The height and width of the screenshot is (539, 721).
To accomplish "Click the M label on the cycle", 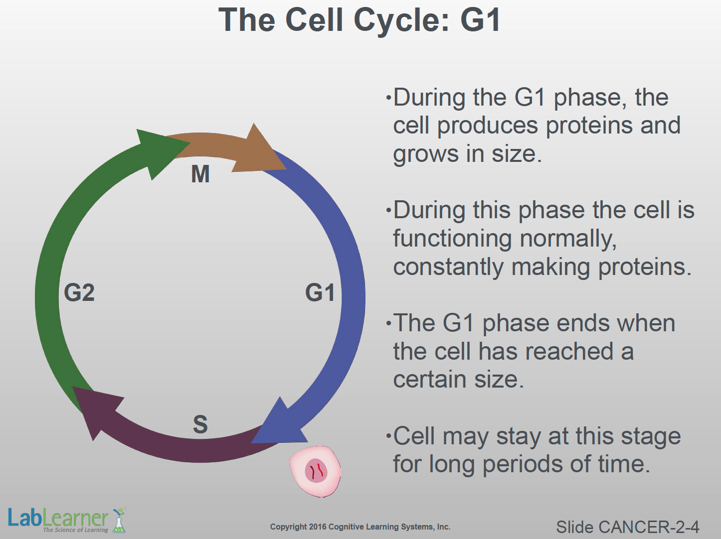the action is pos(200,174).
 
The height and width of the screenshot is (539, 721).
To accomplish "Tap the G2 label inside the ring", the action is pos(79,292).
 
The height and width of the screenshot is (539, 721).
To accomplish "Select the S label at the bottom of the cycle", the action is pos(200,424).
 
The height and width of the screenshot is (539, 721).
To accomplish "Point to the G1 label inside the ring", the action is pos(320,292).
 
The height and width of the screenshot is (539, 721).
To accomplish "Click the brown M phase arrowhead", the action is pos(259,152).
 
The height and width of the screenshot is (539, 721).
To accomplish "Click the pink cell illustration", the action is pos(315,471).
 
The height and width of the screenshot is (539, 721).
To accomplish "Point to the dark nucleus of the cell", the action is pos(316,471).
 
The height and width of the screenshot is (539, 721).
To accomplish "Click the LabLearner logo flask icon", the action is pos(119,520).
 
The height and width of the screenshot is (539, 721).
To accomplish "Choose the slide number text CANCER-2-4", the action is pos(649,527).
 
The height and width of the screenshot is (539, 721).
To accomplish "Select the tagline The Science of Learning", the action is pos(76,530).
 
